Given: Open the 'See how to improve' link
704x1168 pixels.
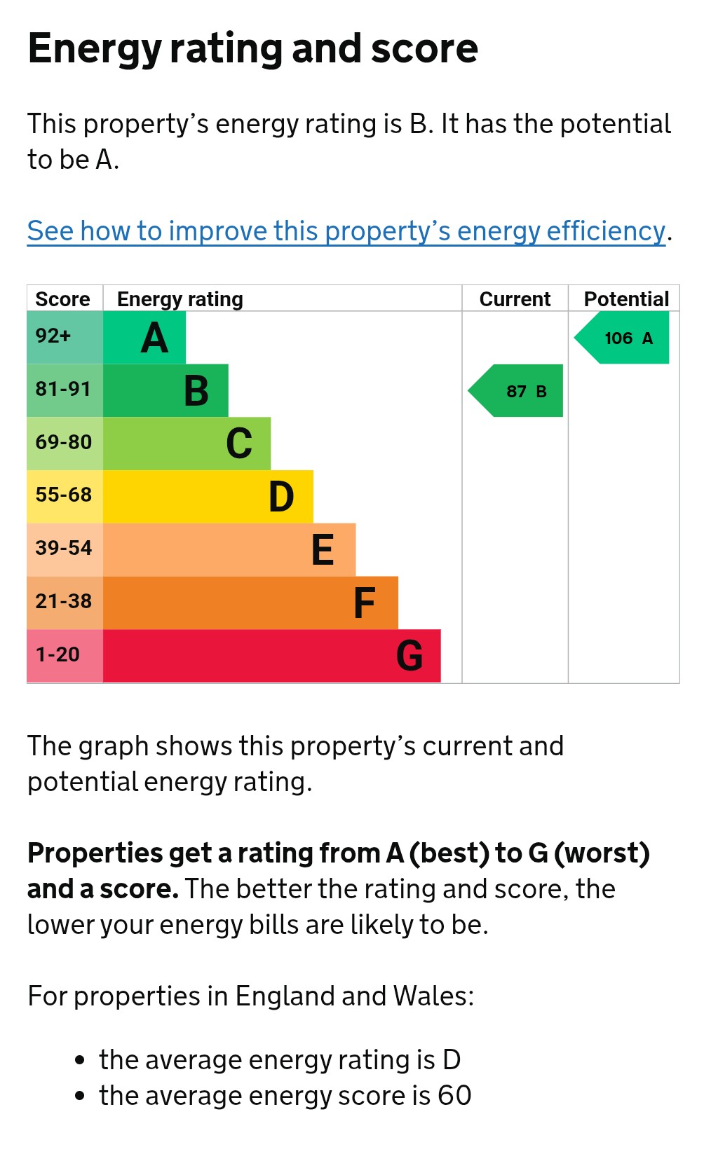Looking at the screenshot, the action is tap(346, 231).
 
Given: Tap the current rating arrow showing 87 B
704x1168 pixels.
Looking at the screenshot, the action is tap(515, 390).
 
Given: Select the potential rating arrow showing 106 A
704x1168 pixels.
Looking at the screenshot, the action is tap(621, 337).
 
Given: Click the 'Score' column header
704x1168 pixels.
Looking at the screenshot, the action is tap(62, 299).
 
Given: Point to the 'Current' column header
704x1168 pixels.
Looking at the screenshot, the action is tap(515, 299).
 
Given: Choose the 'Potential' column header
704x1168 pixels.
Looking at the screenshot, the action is tap(626, 299).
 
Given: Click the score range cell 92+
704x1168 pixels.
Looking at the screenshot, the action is tap(53, 336).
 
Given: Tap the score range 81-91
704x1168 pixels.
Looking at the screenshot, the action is tap(63, 389).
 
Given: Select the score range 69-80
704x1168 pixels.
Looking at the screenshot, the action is tap(63, 442).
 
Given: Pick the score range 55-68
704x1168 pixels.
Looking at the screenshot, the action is tap(63, 495).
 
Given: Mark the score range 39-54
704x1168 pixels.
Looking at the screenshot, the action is tap(63, 548).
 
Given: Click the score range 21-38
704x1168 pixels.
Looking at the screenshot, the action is tap(63, 601).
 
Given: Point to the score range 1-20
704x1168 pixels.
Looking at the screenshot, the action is tap(57, 654).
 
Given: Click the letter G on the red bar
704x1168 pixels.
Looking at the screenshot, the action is tap(409, 655).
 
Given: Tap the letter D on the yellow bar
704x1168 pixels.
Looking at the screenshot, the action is tap(281, 496).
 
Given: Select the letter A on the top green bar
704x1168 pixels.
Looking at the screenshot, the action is tap(154, 338).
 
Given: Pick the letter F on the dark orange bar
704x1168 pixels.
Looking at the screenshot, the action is tap(364, 603).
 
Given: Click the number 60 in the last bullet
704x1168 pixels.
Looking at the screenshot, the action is tap(454, 1095).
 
